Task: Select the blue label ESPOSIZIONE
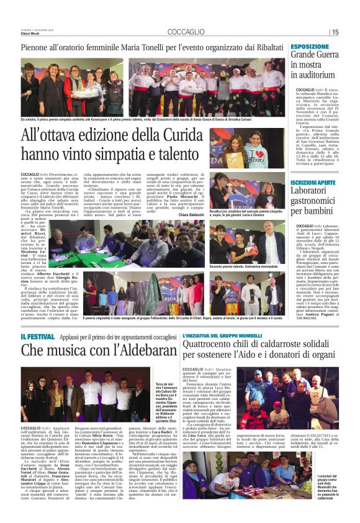(309, 47)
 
